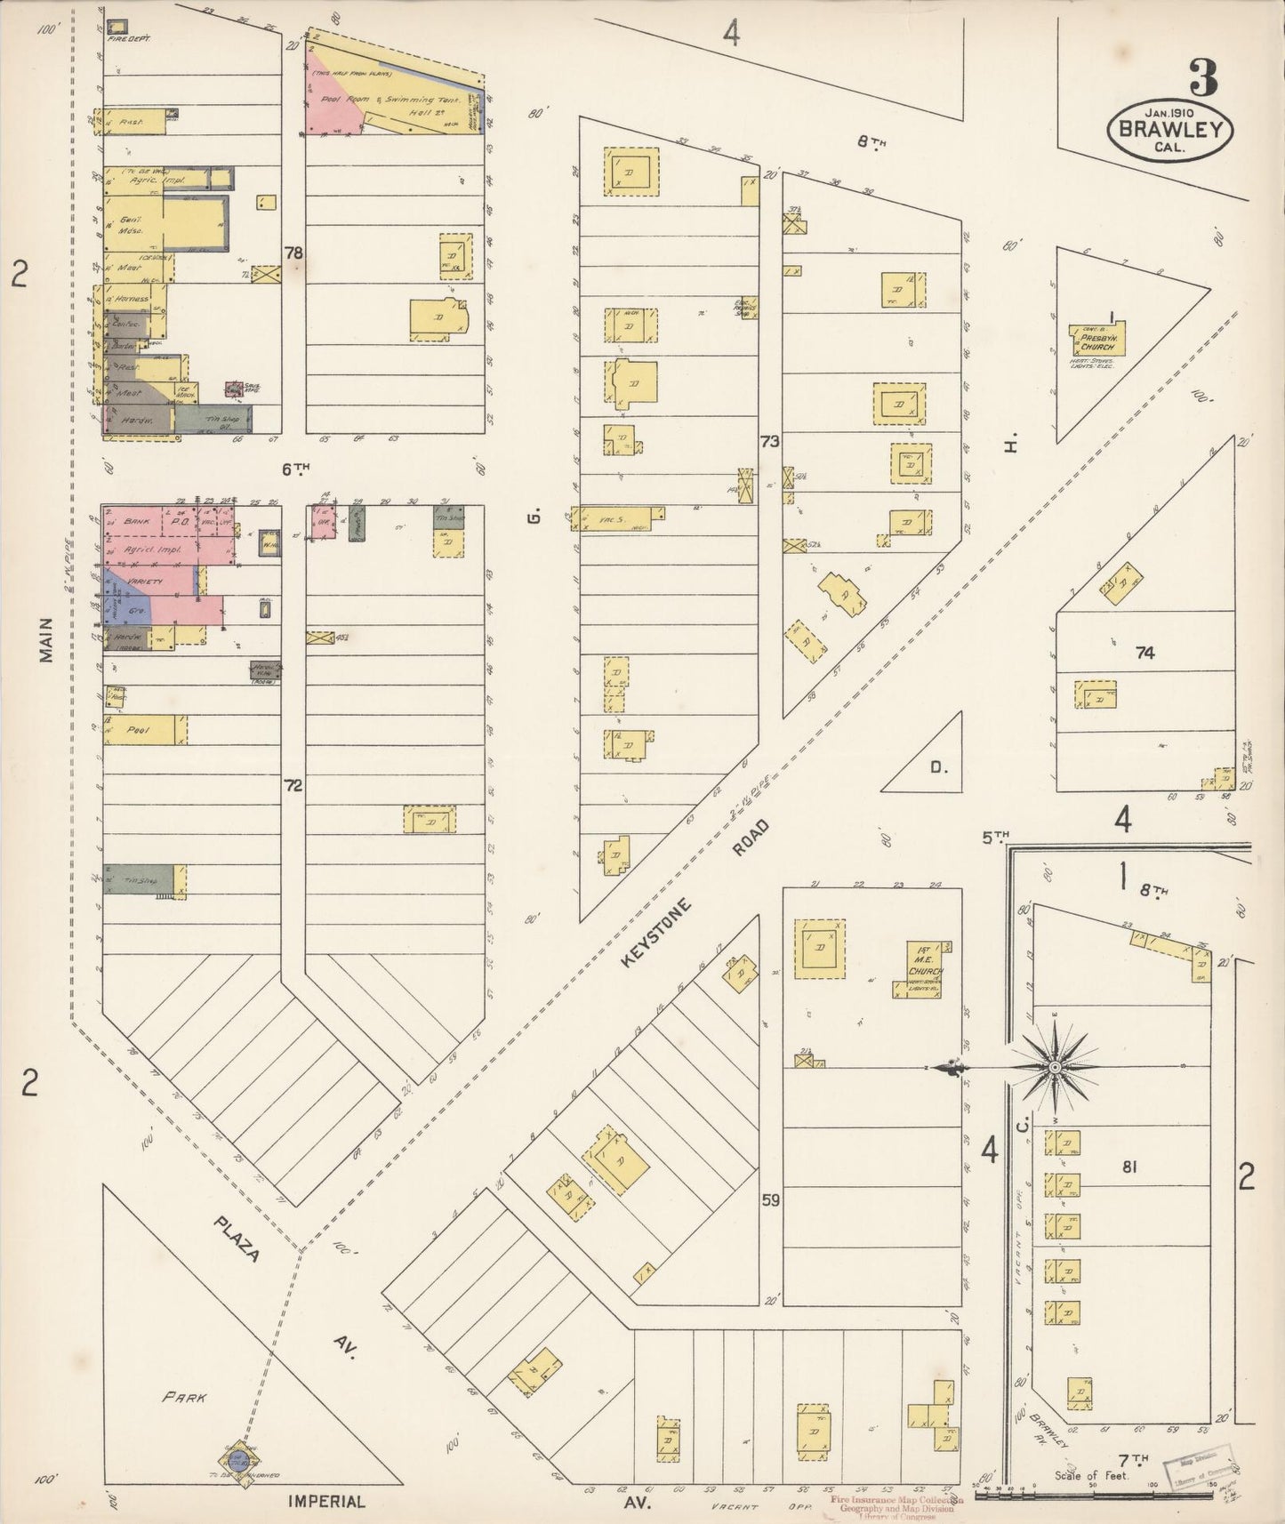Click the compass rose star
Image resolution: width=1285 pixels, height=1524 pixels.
[x=1054, y=1066]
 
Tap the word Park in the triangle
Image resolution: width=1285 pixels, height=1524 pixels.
[x=185, y=1397]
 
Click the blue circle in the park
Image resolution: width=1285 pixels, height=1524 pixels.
[x=237, y=1459]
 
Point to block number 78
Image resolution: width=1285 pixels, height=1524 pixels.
[x=293, y=253]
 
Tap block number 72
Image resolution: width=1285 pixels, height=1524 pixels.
[x=293, y=785]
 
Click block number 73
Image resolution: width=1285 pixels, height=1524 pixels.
[x=770, y=442]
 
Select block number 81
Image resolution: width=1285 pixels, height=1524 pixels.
[x=1129, y=1167]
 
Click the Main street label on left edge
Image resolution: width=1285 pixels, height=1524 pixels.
[x=44, y=640]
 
